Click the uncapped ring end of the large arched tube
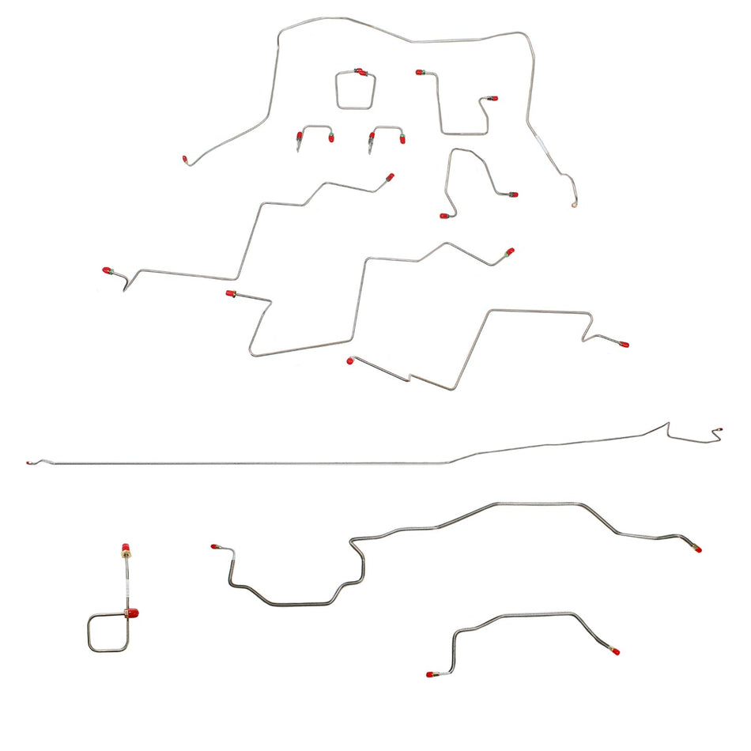574,205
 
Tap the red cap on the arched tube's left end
185,160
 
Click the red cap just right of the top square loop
420,72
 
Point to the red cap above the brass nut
125,547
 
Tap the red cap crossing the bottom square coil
132,612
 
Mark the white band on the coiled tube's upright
126,586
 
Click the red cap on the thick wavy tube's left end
213,545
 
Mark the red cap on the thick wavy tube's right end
698,549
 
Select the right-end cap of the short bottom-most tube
615,651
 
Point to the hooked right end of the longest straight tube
718,432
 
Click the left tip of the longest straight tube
28,462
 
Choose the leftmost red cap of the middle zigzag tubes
106,270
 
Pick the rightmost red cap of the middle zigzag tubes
624,345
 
